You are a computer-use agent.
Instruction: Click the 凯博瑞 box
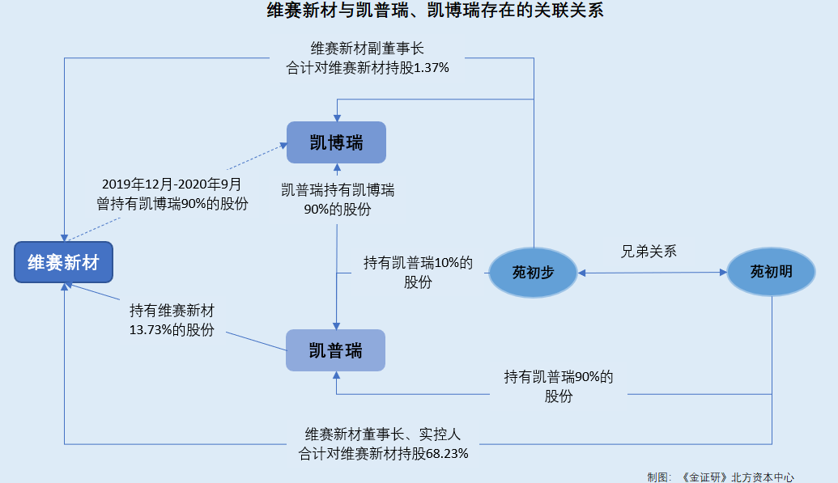pyautogui.click(x=336, y=143)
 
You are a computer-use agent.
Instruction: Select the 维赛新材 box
pyautogui.click(x=63, y=262)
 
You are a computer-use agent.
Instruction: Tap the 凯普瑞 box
pyautogui.click(x=335, y=350)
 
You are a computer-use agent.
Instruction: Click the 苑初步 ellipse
pyautogui.click(x=532, y=272)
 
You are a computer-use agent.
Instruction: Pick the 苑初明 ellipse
pyautogui.click(x=771, y=272)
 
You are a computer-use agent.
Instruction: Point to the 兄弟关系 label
pyautogui.click(x=649, y=251)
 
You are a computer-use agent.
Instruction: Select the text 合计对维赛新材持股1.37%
pyautogui.click(x=368, y=68)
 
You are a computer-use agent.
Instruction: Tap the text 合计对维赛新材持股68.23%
pyautogui.click(x=383, y=453)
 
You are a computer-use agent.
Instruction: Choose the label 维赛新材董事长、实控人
pyautogui.click(x=383, y=434)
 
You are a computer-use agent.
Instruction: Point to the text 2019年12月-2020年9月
pyautogui.click(x=172, y=185)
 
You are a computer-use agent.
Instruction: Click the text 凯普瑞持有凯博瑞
pyautogui.click(x=338, y=191)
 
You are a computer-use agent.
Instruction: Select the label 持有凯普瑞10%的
pyautogui.click(x=418, y=263)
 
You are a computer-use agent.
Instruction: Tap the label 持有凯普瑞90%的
pyautogui.click(x=559, y=377)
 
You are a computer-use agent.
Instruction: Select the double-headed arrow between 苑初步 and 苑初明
pyautogui.click(x=652, y=273)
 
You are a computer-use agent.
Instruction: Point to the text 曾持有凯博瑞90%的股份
pyautogui.click(x=172, y=204)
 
